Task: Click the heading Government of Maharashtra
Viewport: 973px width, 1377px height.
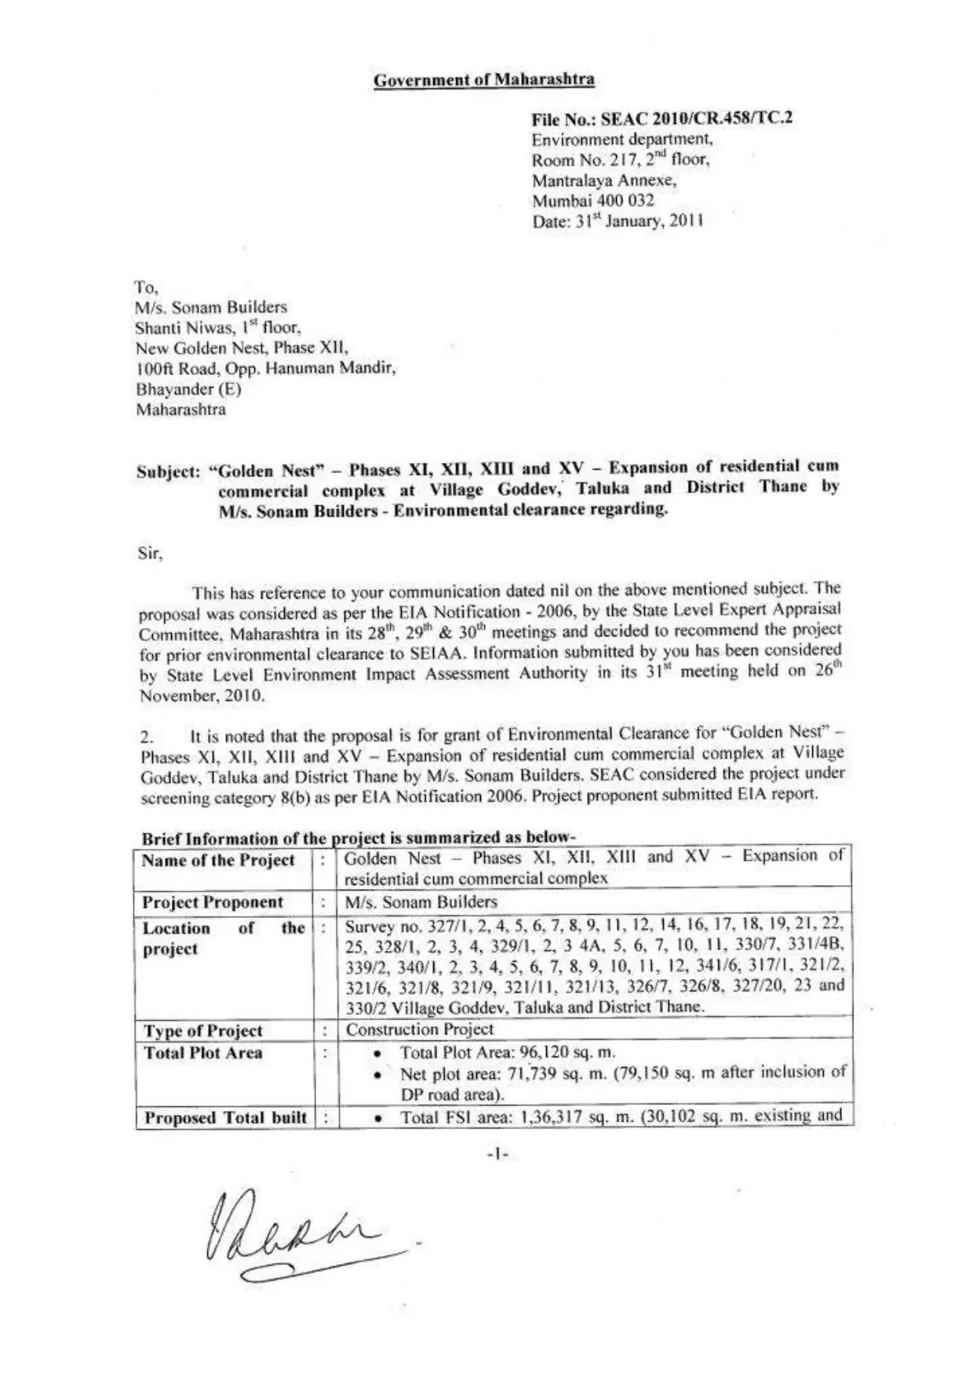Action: point(483,79)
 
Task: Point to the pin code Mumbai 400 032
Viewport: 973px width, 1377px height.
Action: point(592,200)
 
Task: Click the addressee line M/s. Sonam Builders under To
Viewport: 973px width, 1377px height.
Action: point(211,307)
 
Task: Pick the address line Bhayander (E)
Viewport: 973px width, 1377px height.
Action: point(188,389)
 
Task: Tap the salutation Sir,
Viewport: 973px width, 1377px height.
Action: point(150,553)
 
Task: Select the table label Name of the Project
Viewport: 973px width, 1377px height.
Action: point(218,861)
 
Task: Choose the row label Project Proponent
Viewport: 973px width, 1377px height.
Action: point(213,902)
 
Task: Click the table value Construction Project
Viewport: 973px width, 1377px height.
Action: point(420,1029)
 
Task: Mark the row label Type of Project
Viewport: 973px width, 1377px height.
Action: point(202,1031)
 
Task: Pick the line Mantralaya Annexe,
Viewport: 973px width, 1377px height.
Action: point(604,180)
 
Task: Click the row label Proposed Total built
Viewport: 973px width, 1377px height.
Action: point(224,1117)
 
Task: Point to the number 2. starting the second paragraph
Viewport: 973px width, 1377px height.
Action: point(147,738)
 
